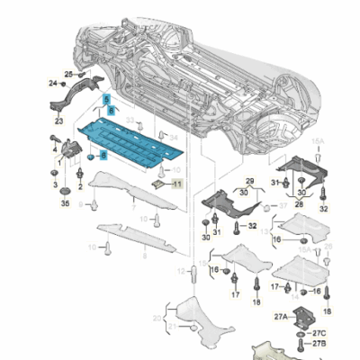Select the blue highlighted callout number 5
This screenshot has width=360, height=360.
[x=105, y=98]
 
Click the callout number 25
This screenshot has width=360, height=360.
[x=68, y=73]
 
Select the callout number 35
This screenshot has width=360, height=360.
[x=65, y=204]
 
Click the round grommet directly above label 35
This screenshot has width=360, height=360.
[x=66, y=190]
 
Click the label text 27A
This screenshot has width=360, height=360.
[x=279, y=315]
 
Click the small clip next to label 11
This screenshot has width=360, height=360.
[x=159, y=183]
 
